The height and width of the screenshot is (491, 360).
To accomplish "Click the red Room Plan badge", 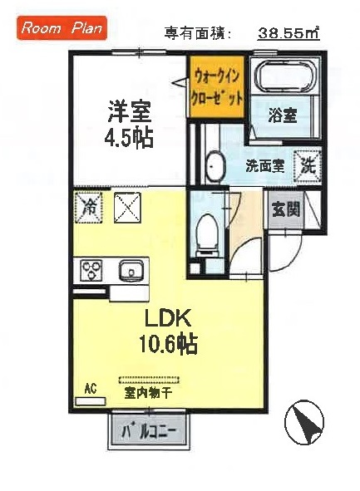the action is coord(62,28).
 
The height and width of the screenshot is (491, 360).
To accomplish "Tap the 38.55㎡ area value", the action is coord(288,33).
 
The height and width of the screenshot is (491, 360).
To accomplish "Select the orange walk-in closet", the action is coord(216,86).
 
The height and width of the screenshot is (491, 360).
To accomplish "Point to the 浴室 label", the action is coord(283,115).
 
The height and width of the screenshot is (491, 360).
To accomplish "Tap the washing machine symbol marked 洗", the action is coord(308,165).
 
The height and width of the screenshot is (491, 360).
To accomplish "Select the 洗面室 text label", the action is coord(264,165).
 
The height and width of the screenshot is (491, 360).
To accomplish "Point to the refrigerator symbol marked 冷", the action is coord(88,207).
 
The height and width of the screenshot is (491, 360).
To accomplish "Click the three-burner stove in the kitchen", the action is coord(91,269).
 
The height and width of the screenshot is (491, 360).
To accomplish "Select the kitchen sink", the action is coord(131,270).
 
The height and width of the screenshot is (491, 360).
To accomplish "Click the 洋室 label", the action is coord(130,112).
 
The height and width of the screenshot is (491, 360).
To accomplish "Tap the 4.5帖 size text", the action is coord(129,138).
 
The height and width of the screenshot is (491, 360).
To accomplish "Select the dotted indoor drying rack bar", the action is coord(150,381).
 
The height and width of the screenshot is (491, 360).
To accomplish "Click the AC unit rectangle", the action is coord(91,401).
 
